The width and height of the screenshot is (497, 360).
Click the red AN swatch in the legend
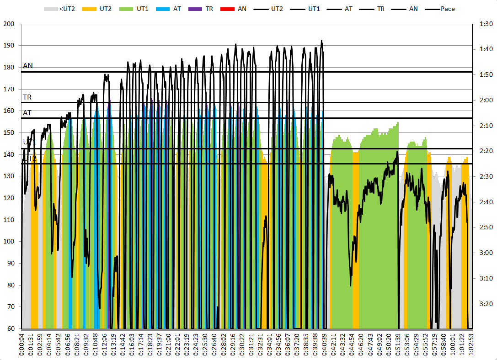click(226, 9)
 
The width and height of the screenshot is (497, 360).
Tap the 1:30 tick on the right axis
click(484, 24)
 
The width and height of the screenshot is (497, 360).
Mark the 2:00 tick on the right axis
click(484, 101)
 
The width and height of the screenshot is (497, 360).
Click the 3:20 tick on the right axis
click(484, 304)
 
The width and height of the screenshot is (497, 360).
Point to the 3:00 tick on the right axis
click(484, 253)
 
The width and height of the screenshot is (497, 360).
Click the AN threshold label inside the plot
click(28, 66)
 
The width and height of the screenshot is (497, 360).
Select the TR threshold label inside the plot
click(27, 97)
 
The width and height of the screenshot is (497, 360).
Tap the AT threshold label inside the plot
click(27, 112)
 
